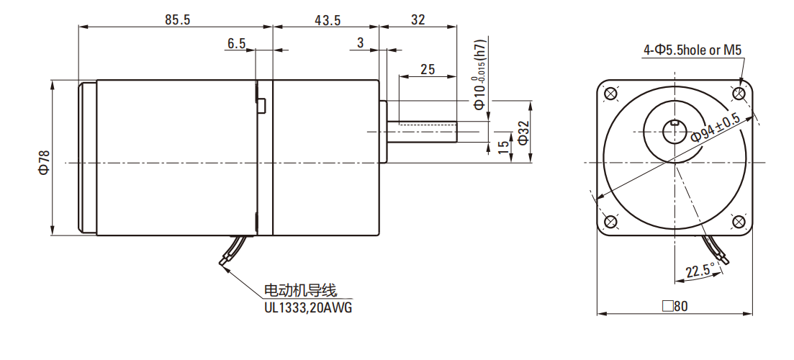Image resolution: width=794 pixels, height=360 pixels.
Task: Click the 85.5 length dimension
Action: tap(176, 20)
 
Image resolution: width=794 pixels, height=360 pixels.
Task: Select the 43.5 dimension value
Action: tap(328, 20)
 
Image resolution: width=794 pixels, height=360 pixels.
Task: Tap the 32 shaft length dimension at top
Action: tap(418, 20)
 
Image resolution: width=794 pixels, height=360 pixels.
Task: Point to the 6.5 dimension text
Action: tap(236, 44)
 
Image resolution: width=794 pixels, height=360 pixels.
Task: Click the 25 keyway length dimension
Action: tap(428, 69)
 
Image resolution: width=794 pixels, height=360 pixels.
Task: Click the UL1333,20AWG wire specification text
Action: tap(310, 307)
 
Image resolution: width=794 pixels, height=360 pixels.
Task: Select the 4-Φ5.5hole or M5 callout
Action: tap(693, 50)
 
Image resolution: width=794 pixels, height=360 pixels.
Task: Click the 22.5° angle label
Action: tap(700, 271)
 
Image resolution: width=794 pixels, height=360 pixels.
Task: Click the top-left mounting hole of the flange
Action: tap(611, 94)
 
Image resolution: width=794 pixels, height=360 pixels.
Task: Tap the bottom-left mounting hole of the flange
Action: tap(611, 221)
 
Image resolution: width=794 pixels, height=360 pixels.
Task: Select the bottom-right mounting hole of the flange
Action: tap(739, 221)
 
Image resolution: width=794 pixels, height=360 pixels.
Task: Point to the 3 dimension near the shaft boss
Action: tap(360, 44)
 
